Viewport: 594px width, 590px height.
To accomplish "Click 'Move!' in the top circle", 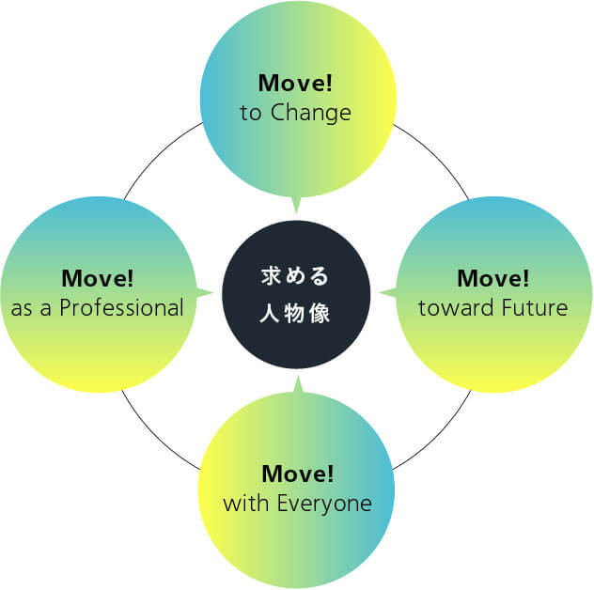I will (x=296, y=83).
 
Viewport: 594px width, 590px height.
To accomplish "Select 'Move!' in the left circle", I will (x=98, y=278).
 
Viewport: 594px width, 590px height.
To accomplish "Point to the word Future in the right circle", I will (x=533, y=307).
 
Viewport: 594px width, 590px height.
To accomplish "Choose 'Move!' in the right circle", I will (x=493, y=278).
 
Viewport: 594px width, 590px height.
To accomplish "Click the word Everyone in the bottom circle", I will (x=323, y=504).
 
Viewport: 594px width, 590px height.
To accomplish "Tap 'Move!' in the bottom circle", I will (x=298, y=473).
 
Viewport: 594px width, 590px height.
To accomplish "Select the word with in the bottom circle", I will (x=243, y=504).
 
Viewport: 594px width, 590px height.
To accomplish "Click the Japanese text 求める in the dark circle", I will (x=295, y=276).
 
